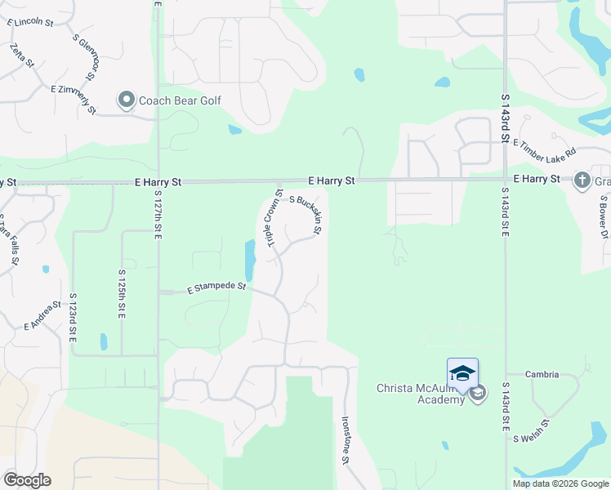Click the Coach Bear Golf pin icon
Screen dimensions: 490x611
[126, 101]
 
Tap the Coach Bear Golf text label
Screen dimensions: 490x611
[180, 101]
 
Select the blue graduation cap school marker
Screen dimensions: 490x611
[462, 373]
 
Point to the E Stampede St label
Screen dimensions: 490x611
[216, 287]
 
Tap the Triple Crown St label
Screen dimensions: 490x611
[269, 217]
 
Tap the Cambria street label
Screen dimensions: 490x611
[542, 375]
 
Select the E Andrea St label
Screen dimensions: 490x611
[43, 314]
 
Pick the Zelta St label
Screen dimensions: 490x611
[22, 56]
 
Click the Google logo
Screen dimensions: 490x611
[27, 480]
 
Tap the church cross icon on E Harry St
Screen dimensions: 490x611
[582, 180]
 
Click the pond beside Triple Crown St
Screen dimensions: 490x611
[249, 260]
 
